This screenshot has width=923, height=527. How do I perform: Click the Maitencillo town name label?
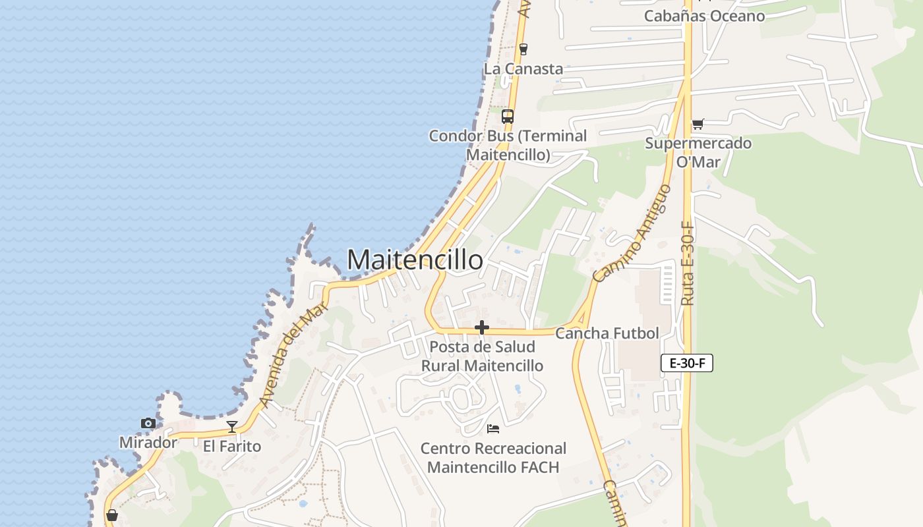(415, 260)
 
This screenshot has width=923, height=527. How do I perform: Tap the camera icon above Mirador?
(148, 424)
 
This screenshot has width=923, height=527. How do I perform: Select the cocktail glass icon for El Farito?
(231, 427)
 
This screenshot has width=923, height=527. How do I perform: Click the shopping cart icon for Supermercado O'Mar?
(698, 124)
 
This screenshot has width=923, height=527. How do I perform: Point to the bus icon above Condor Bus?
(507, 117)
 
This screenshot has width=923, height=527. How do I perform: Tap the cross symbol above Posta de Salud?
(482, 327)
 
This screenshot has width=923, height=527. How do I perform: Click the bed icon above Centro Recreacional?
(492, 429)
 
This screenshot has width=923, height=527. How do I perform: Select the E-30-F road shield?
(686, 363)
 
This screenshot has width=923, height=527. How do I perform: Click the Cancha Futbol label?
(607, 333)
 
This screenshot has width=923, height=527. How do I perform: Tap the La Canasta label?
(523, 69)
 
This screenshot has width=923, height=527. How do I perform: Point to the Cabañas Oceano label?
(704, 16)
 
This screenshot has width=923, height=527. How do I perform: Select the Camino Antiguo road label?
(632, 234)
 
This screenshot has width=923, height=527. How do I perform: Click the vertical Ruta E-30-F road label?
(687, 263)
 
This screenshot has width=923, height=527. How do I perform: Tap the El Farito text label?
(231, 446)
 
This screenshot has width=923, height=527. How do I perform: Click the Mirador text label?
(148, 443)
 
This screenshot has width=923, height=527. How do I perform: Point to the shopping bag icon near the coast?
(112, 514)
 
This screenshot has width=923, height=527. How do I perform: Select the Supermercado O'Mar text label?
(698, 152)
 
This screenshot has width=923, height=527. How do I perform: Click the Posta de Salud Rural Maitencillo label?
(482, 356)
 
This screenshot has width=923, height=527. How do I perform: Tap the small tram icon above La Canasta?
(523, 49)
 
